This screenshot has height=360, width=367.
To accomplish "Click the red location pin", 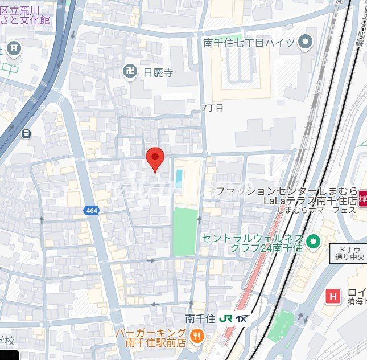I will [x=155, y=157].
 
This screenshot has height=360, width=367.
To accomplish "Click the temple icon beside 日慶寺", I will [x=130, y=72].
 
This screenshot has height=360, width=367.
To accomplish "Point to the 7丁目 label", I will [x=212, y=107].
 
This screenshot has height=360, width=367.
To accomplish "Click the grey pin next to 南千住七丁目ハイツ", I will [x=306, y=42].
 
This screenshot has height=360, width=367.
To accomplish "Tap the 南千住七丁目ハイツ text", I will [x=249, y=42].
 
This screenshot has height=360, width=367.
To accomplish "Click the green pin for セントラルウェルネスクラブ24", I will [x=312, y=242].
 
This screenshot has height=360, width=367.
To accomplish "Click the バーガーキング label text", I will [x=151, y=333].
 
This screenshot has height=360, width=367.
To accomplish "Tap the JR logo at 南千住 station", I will [x=225, y=319].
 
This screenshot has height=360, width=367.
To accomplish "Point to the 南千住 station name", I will [x=199, y=319].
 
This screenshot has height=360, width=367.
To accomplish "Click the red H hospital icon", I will [x=332, y=296].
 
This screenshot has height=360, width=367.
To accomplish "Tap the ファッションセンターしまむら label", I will [x=286, y=191].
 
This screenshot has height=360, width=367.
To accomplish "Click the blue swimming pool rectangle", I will [x=180, y=178].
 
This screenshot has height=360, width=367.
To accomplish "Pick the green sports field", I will [x=184, y=232].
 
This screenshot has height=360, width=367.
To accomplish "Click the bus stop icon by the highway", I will [x=26, y=133].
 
